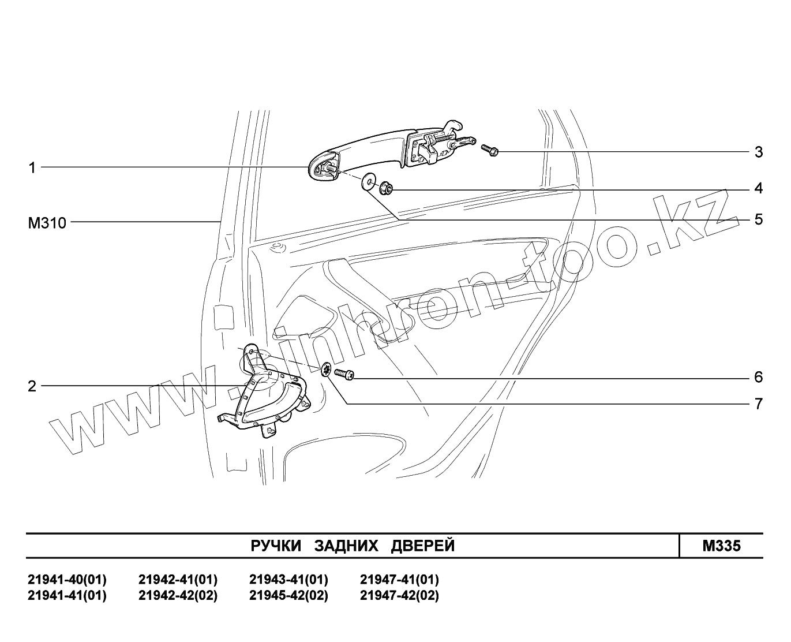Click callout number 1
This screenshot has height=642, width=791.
[x=32, y=167]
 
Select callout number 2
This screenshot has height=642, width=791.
[x=32, y=386]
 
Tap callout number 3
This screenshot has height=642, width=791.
[x=758, y=152]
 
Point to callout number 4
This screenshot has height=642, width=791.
[x=758, y=188]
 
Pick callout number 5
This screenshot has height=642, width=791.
[x=758, y=219]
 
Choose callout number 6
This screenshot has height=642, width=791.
[x=758, y=377]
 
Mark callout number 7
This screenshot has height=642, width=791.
[x=758, y=404]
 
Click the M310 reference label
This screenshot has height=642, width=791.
[x=47, y=222]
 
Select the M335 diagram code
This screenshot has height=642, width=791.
[x=721, y=546]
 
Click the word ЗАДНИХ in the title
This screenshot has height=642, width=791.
[x=346, y=546]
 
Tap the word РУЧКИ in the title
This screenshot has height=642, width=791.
[x=276, y=546]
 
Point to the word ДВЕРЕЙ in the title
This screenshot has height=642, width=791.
[x=423, y=546]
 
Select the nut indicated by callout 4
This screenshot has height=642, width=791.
[x=385, y=187]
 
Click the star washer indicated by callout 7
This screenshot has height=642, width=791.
[x=327, y=370]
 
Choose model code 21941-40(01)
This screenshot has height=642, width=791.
[x=67, y=579]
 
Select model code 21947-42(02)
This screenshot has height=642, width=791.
[x=399, y=595]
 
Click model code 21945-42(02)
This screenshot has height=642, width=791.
[x=288, y=595]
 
